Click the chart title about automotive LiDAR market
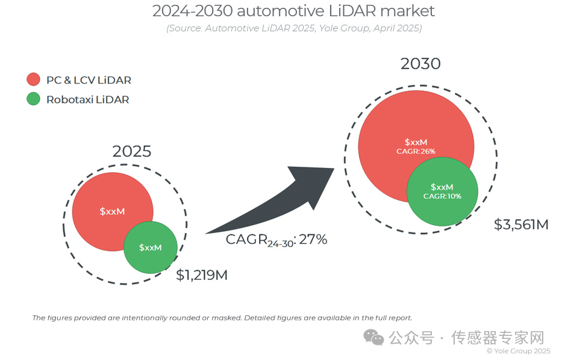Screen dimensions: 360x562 pos(293,11)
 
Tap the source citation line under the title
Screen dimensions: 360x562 pos(293,28)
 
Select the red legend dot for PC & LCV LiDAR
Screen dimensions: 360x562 pos(33,80)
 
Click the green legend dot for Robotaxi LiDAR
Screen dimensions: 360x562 pos(33,99)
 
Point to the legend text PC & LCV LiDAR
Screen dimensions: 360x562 pos(89,80)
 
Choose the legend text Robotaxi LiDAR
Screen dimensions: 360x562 pos(87,99)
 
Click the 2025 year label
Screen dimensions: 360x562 pos(131,152)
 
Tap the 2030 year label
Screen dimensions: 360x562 pos(420,64)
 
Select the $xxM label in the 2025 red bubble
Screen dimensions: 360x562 pos(112,211)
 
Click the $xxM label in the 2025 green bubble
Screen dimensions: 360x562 pos(150,247)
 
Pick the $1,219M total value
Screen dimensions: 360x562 pos(202,276)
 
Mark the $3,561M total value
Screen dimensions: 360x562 pos(521,225)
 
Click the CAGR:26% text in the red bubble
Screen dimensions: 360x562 pos(416,151)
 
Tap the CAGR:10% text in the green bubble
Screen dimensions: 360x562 pos(442,196)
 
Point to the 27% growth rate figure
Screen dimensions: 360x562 pos(313,240)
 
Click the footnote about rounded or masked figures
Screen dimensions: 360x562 pos(222,317)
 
